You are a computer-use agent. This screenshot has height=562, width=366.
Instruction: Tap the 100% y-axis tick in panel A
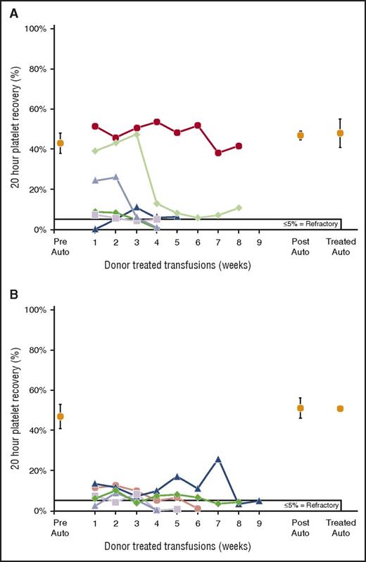[x=35, y=29]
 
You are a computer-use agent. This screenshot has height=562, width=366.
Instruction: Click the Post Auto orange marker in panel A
[x=301, y=135]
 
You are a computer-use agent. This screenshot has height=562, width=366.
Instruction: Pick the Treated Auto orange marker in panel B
[x=340, y=408]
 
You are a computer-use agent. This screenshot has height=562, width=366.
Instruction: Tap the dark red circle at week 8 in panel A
[x=239, y=146]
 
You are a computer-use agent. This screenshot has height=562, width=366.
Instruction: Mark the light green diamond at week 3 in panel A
[x=137, y=134]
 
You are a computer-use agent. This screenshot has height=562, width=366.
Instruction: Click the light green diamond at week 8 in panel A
[x=239, y=208]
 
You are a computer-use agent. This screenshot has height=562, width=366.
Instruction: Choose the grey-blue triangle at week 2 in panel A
[x=115, y=177]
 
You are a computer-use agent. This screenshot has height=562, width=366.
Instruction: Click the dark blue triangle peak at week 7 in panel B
[x=218, y=459]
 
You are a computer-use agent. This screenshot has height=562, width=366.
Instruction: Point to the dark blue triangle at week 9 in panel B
[x=259, y=501]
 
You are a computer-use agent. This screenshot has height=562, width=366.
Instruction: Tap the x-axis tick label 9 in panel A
[x=259, y=241]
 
